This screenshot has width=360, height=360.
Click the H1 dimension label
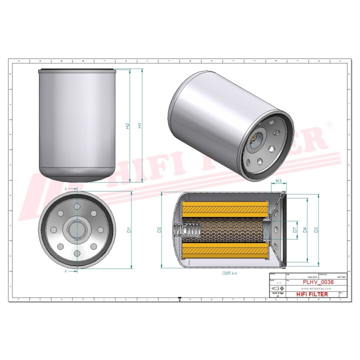click(140, 125)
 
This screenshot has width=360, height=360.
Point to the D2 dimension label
click(159, 230)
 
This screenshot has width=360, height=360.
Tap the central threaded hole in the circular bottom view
click(76, 230)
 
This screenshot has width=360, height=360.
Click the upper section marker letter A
click(65, 189)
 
